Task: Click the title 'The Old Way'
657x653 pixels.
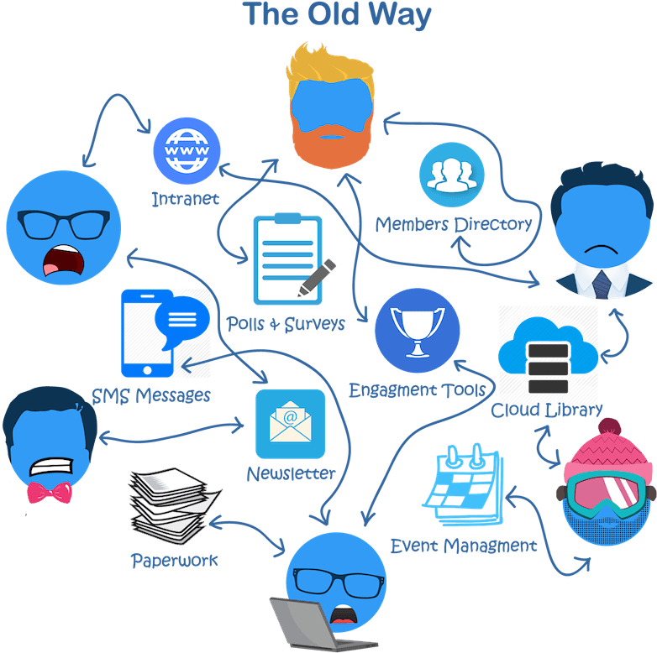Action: click(x=336, y=15)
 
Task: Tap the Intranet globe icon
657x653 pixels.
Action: click(x=187, y=152)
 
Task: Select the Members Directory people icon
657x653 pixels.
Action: click(x=453, y=175)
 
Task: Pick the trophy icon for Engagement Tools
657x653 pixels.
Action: click(x=417, y=331)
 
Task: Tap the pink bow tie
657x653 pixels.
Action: click(x=50, y=492)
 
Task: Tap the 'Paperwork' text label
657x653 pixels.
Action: click(x=174, y=560)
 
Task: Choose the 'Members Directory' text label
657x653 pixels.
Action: click(x=454, y=224)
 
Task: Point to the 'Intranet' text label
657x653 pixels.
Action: click(x=185, y=199)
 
